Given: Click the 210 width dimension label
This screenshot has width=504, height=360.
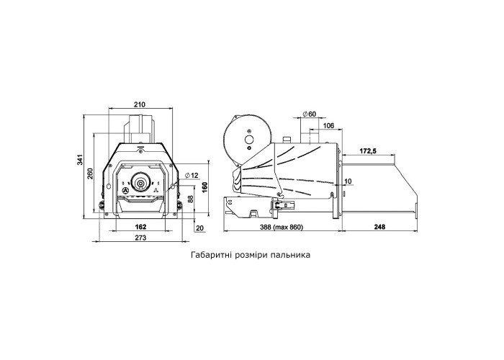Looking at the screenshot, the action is click(x=140, y=104).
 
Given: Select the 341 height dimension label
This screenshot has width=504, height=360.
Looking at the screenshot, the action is click(x=80, y=160).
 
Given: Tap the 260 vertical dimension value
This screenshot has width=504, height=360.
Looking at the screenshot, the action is click(x=90, y=174).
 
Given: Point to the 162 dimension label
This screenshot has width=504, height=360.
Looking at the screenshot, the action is click(x=140, y=227).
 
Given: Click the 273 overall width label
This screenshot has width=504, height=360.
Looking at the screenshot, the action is click(x=140, y=238).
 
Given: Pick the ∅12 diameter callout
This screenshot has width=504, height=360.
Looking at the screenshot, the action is click(x=192, y=175).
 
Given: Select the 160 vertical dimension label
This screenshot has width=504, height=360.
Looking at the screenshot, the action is click(x=204, y=187).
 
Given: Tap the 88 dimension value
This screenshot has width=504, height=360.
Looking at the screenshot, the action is click(x=190, y=199).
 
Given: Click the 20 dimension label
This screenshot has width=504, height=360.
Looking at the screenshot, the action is click(x=199, y=228).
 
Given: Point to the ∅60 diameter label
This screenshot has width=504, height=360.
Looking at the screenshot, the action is click(x=310, y=114).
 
